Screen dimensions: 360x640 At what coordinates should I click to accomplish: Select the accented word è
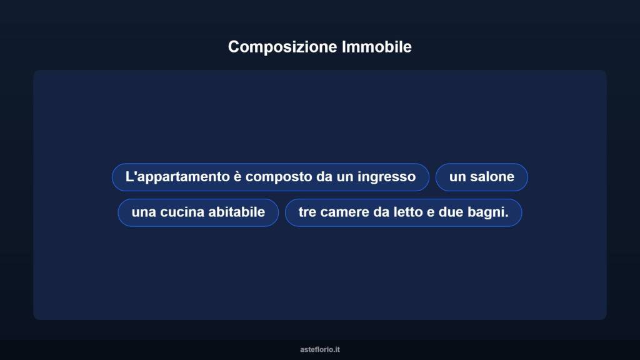click(237, 177)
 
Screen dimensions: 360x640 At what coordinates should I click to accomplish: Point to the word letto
click(407, 212)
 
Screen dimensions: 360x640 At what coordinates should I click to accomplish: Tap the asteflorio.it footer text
click(320, 349)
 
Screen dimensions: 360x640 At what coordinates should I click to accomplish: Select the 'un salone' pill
click(481, 177)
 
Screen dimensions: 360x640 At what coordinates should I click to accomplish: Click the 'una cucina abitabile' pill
click(198, 212)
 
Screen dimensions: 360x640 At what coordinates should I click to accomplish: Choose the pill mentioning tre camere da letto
click(403, 212)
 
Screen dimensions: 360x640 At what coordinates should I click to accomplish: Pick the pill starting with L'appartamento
click(271, 177)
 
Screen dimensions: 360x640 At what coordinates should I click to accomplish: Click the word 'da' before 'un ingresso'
click(324, 177)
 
